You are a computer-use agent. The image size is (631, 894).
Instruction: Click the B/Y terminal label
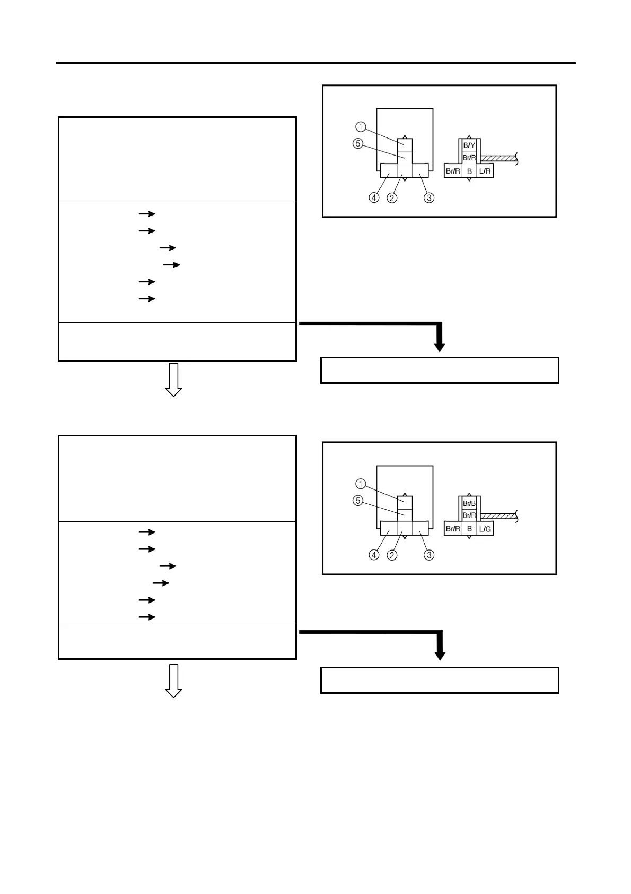click(469, 144)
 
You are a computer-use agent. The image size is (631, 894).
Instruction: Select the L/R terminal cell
click(485, 171)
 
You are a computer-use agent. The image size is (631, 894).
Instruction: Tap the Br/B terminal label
click(469, 503)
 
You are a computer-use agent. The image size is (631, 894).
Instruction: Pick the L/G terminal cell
click(485, 529)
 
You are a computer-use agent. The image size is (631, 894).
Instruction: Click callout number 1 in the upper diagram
click(361, 127)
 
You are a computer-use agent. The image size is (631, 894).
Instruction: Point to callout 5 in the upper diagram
click(358, 144)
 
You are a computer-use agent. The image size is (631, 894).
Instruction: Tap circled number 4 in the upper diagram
click(374, 197)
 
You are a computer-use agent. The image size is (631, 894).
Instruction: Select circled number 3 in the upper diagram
click(429, 197)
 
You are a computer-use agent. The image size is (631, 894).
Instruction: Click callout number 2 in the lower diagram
click(392, 555)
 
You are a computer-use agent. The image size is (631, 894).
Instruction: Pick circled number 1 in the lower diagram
click(361, 484)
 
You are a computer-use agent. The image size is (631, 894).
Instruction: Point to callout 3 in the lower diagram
click(429, 555)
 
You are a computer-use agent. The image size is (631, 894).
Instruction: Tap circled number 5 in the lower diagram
click(358, 501)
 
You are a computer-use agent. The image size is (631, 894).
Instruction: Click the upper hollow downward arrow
click(173, 380)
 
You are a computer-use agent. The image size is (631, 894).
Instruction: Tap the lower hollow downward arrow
click(173, 681)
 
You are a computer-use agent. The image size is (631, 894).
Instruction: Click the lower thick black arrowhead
click(439, 655)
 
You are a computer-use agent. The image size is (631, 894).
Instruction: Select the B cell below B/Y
click(469, 171)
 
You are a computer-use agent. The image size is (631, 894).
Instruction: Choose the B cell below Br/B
click(469, 529)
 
